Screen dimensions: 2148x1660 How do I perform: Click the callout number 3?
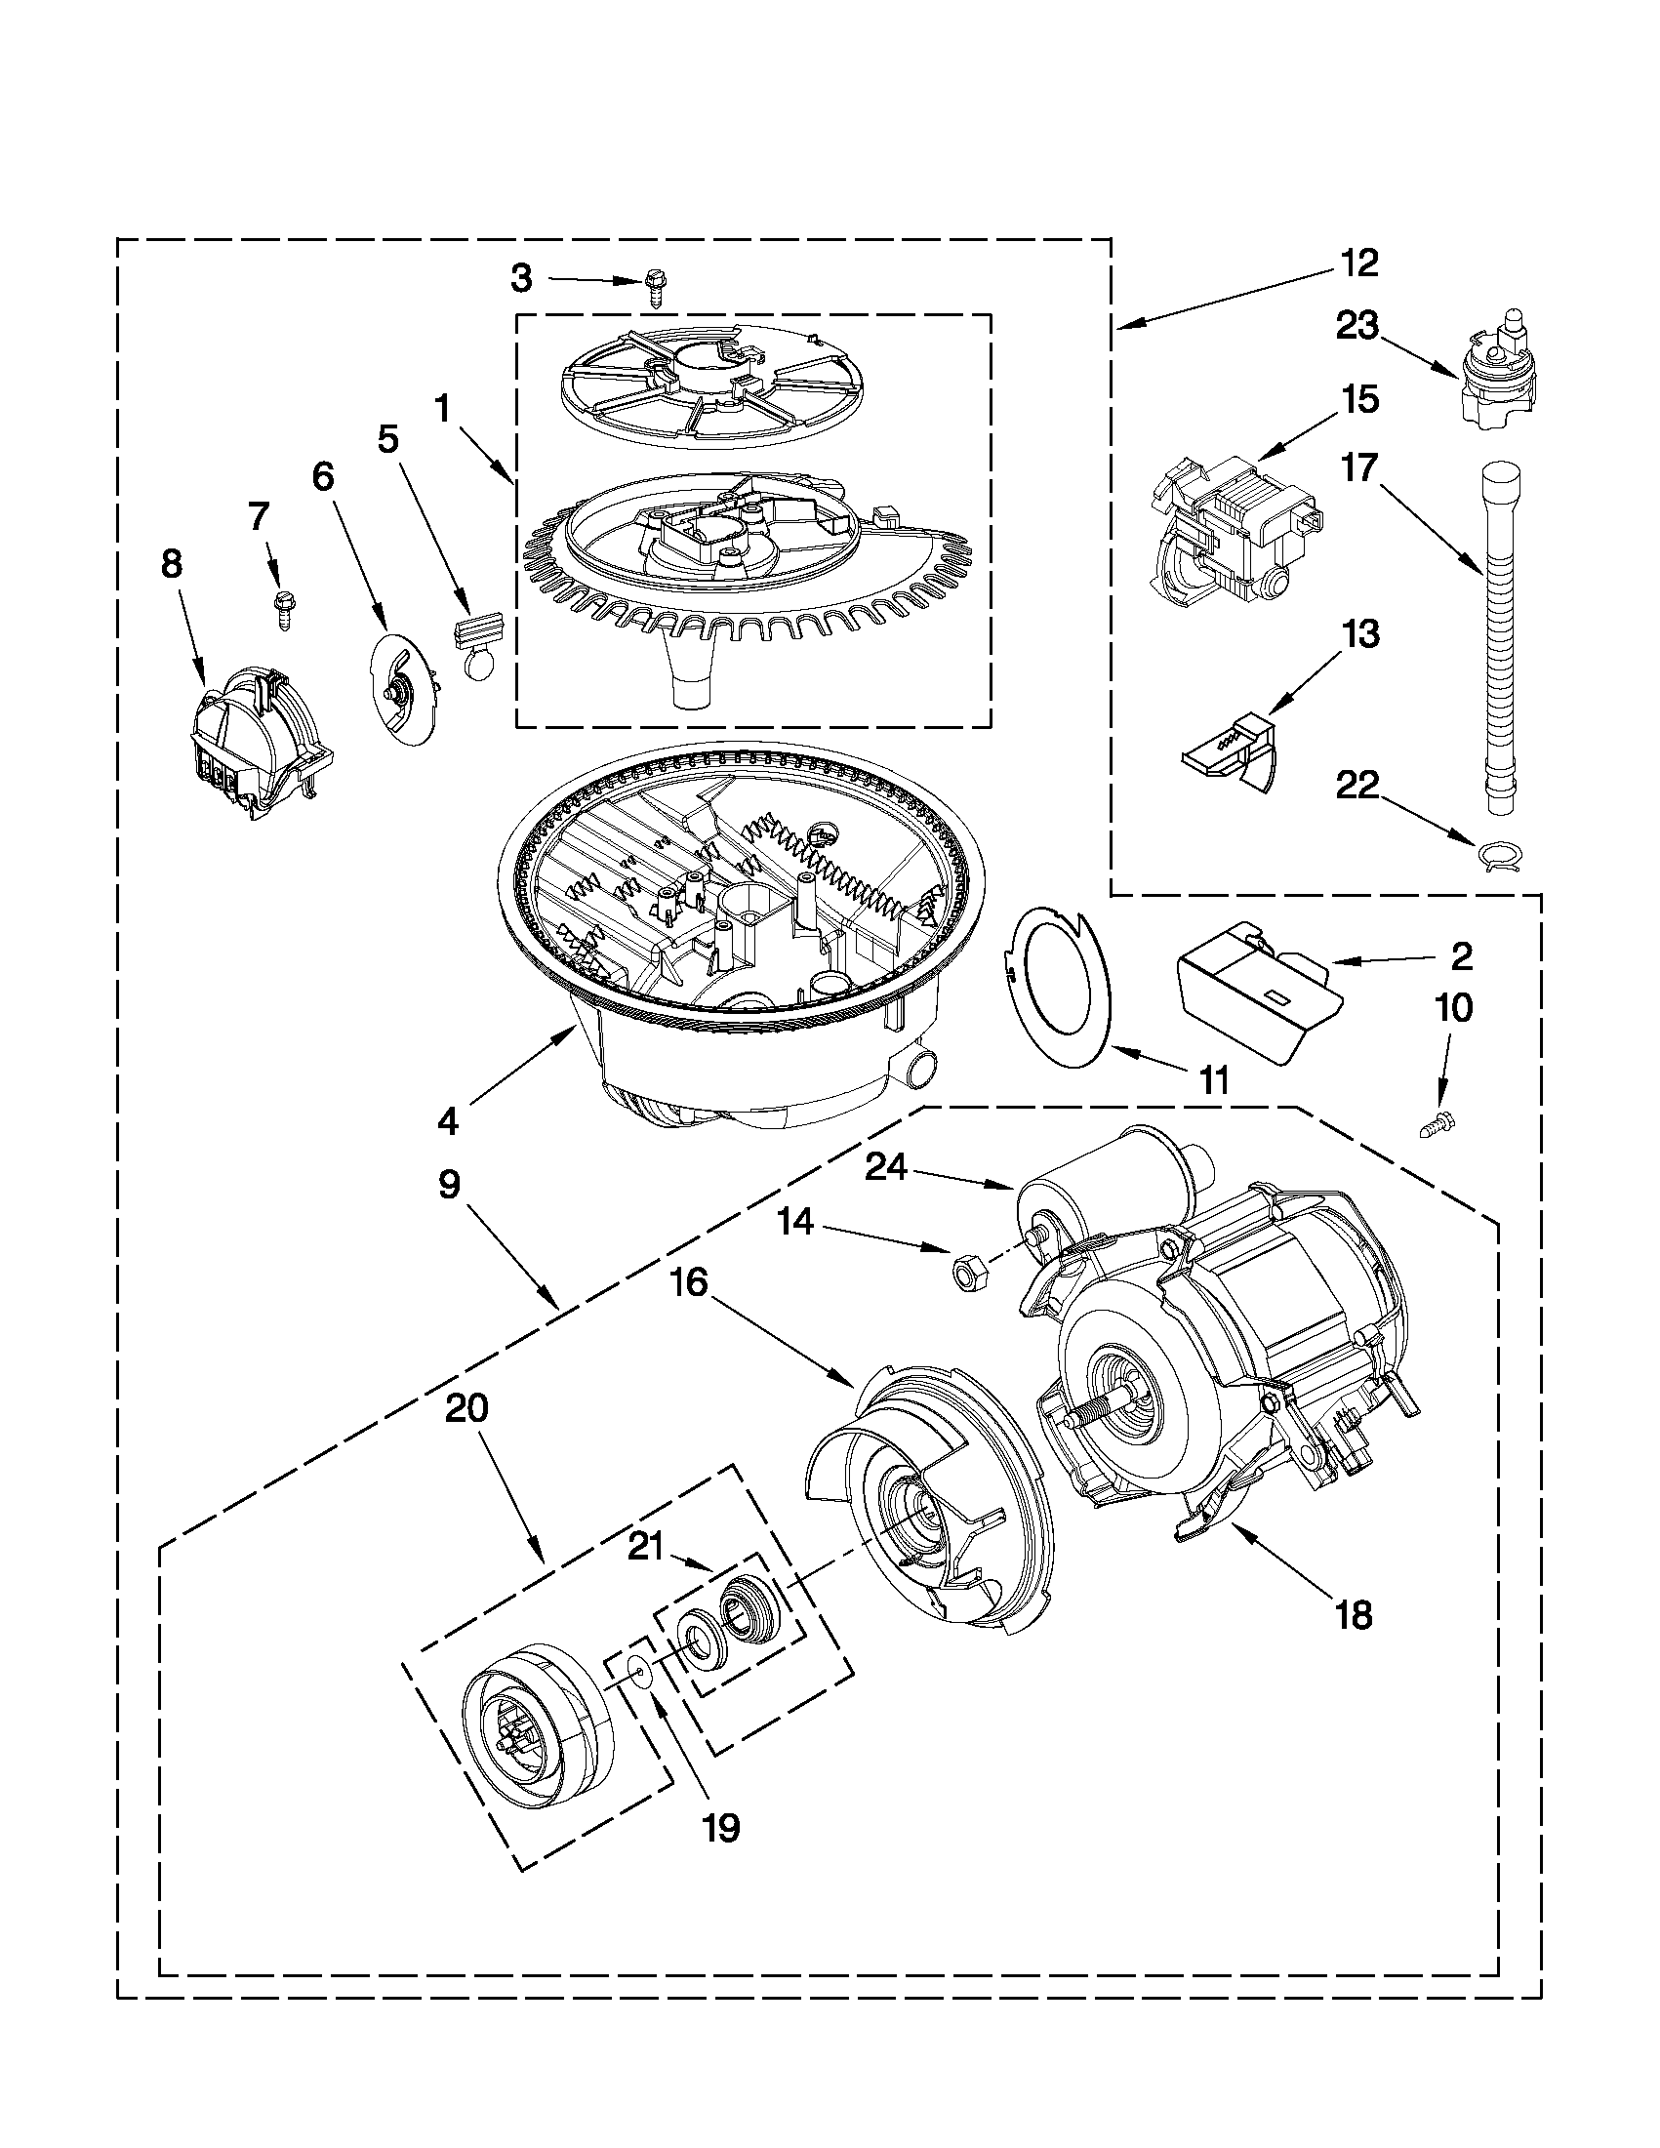click(521, 279)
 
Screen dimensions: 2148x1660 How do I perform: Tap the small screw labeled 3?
click(655, 288)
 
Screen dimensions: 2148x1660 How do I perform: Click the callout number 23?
click(1357, 326)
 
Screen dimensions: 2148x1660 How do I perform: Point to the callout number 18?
click(1356, 1615)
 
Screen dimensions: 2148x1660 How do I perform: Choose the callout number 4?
click(449, 1121)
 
